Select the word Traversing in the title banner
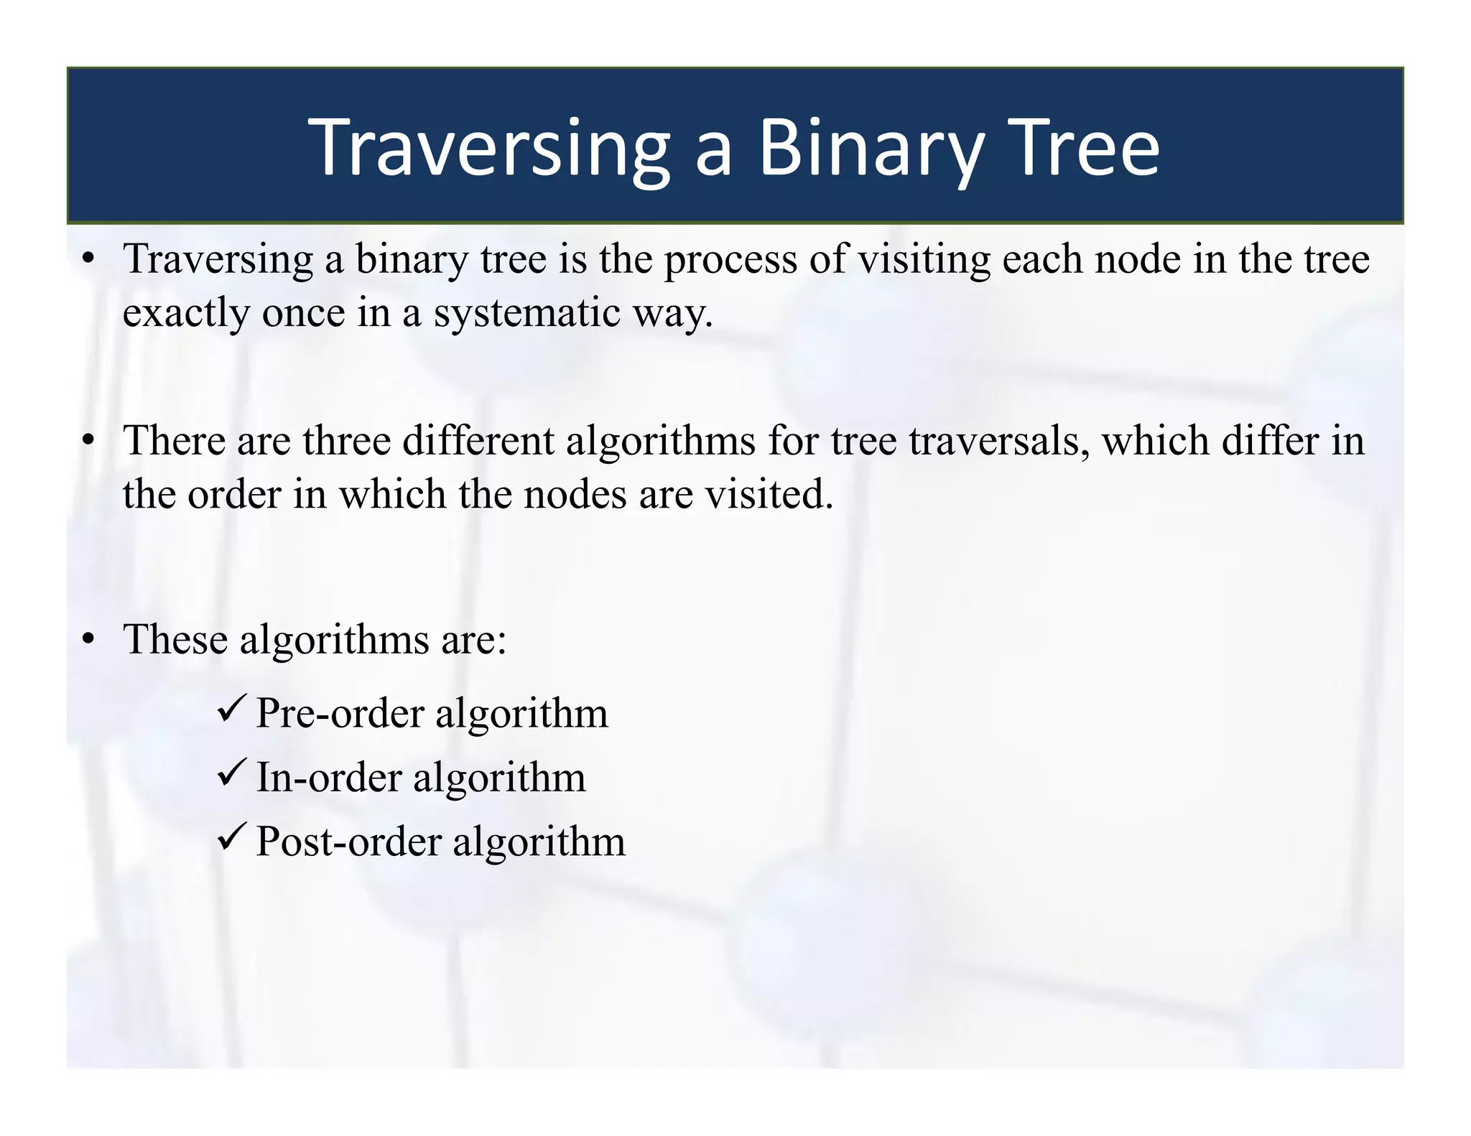click(489, 148)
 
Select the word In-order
click(329, 778)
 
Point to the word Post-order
click(348, 842)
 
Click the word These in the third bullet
click(176, 639)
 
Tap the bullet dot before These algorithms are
click(88, 639)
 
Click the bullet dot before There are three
click(88, 440)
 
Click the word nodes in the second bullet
click(575, 495)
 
